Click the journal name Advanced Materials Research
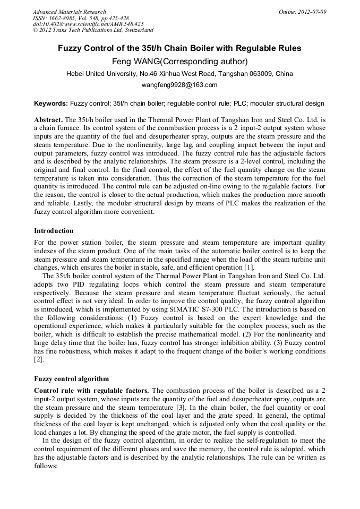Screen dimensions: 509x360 click(x=69, y=12)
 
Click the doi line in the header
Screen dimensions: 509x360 click(x=88, y=24)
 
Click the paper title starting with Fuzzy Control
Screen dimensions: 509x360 click(x=179, y=48)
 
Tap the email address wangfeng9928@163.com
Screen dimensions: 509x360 click(x=179, y=85)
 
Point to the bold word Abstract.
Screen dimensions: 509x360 click(x=48, y=119)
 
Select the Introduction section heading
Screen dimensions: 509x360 click(x=54, y=231)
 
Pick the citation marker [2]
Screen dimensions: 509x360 click(x=38, y=359)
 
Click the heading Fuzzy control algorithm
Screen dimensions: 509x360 click(x=71, y=379)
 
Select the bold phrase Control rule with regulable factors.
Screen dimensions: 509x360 click(x=91, y=391)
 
